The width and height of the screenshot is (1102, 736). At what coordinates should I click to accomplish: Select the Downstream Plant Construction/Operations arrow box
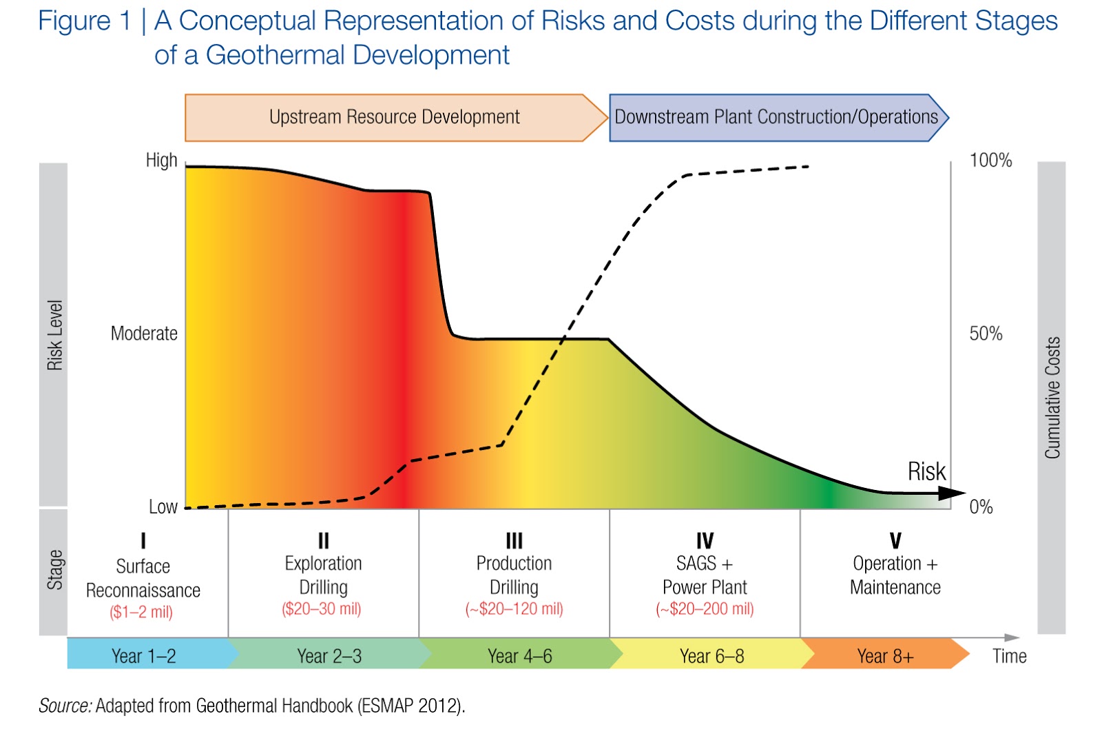click(776, 117)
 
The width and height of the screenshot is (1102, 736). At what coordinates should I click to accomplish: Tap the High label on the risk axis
click(161, 161)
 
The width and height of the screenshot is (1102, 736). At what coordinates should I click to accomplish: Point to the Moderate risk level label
click(144, 334)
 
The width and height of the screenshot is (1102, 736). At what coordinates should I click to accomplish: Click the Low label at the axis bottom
click(163, 507)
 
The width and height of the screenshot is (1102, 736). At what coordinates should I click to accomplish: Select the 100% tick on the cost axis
click(990, 161)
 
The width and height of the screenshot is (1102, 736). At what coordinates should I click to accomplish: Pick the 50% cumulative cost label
click(986, 334)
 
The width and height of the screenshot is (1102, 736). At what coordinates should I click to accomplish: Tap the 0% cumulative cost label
click(981, 507)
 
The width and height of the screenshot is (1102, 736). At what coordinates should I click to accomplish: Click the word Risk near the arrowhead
click(926, 471)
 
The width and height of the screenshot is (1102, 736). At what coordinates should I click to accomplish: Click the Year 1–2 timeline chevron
click(144, 656)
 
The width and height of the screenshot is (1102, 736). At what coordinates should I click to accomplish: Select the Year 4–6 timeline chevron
click(519, 656)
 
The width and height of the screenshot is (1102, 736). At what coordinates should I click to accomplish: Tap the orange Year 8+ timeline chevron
click(885, 656)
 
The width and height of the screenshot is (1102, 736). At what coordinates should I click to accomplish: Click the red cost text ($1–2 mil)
click(141, 612)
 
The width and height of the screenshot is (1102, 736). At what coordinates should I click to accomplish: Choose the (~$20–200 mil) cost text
click(705, 609)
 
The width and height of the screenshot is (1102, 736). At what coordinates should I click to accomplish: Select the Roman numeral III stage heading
click(514, 541)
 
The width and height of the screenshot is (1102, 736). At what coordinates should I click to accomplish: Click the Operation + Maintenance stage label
click(895, 575)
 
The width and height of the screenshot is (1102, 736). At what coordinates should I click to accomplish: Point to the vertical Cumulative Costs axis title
click(1052, 398)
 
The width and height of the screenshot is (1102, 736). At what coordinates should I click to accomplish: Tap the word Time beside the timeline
click(1009, 656)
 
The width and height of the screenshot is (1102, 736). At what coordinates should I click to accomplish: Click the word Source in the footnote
click(65, 706)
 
